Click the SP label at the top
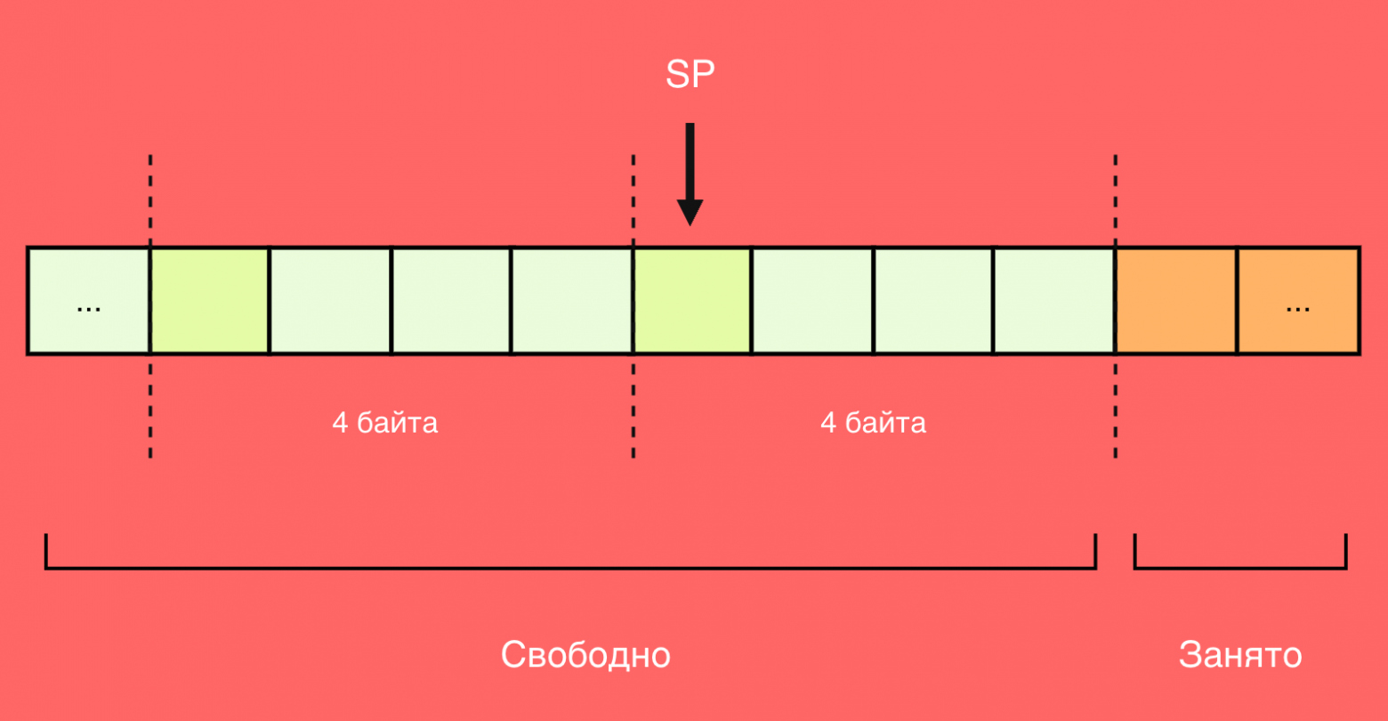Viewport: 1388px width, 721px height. (690, 75)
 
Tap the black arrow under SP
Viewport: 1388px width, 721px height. (690, 174)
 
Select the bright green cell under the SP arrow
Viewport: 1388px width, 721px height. (692, 301)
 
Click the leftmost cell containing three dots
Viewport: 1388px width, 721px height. (89, 301)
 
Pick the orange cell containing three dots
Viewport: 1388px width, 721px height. (1298, 301)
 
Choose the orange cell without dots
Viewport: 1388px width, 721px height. (1176, 301)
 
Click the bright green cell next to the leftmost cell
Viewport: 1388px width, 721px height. (209, 301)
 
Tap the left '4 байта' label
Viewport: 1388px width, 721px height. (384, 423)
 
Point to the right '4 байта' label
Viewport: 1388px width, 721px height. (873, 423)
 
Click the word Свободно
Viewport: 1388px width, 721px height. (585, 654)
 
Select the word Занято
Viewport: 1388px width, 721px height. (1240, 654)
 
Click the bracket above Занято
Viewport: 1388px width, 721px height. (1240, 567)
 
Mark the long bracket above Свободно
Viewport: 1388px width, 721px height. (570, 567)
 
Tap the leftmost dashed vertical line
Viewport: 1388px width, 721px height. (150, 306)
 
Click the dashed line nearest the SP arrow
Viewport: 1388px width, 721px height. (633, 306)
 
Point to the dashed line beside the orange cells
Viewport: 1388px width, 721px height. (1116, 306)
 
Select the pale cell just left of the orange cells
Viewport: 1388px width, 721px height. (1054, 301)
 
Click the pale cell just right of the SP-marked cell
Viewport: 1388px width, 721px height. (811, 301)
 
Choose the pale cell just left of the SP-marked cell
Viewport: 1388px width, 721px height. (572, 301)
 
